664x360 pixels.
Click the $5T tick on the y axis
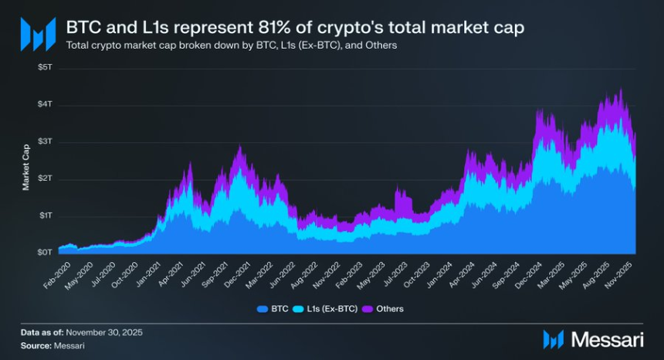coord(46,67)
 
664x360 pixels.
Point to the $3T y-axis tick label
coord(46,141)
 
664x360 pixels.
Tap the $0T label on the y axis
coord(46,253)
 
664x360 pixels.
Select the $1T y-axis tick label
coord(46,216)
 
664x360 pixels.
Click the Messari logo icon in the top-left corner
coord(38,35)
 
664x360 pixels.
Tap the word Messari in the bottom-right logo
coord(607,338)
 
